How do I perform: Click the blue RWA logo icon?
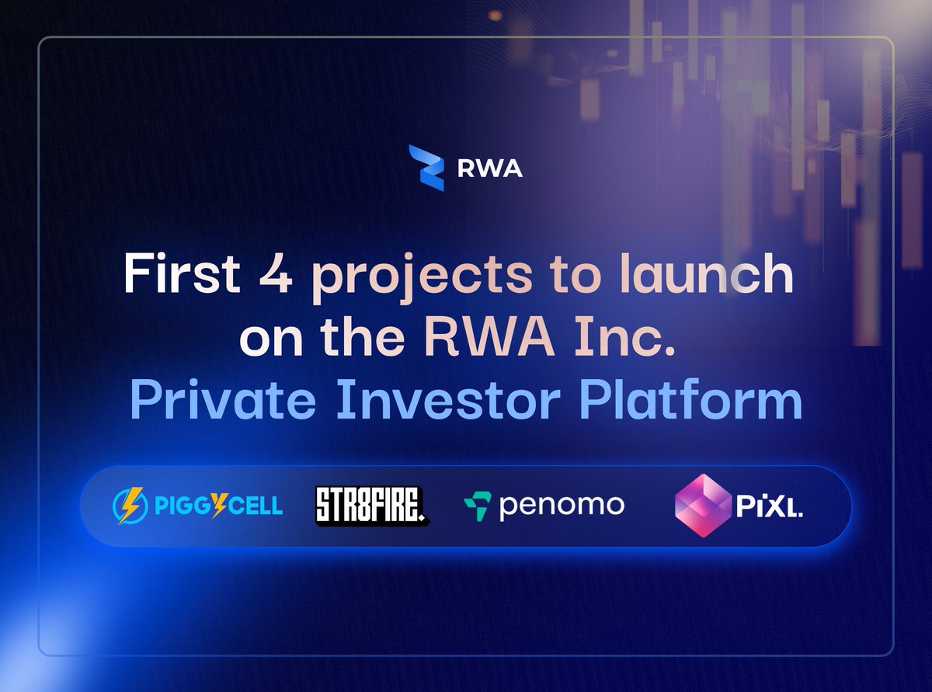pos(426,168)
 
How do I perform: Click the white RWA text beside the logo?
pos(490,169)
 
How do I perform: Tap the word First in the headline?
pos(182,273)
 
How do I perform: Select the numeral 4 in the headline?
pos(276,274)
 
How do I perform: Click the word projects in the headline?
pos(423,278)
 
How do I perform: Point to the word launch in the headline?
pos(707,273)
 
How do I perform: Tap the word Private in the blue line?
pos(223,398)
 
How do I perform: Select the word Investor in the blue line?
pos(449,399)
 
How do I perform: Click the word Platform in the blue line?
pos(691,398)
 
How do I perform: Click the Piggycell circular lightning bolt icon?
pos(130,506)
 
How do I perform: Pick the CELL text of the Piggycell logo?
pos(256,506)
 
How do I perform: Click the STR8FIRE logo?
pos(373,506)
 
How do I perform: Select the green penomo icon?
pos(478,506)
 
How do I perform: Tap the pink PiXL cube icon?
pos(703,506)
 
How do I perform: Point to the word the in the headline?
pos(363,336)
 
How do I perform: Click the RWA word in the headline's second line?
pos(489,337)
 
